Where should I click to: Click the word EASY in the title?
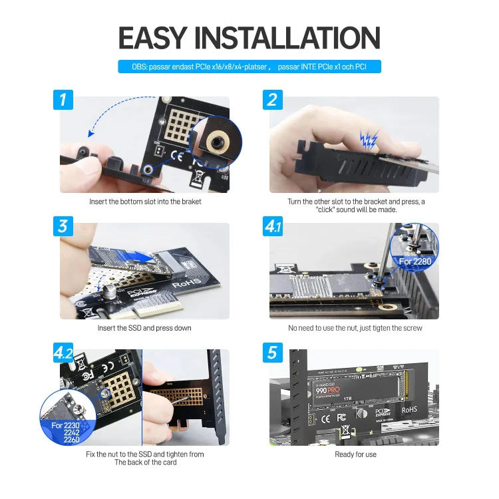click(152, 38)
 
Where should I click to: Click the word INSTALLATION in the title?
click(287, 38)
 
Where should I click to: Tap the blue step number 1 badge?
click(63, 100)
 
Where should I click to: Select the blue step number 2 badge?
click(272, 100)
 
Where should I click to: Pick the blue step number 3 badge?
click(63, 226)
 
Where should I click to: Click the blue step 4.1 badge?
click(273, 226)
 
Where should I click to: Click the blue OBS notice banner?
click(249, 67)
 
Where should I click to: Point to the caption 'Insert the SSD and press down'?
click(144, 328)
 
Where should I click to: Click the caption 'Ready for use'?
click(355, 454)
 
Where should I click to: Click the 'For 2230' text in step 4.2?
click(65, 424)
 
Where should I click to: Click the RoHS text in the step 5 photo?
click(409, 410)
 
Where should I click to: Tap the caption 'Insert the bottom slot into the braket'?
click(144, 202)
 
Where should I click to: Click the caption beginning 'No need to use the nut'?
click(355, 328)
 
